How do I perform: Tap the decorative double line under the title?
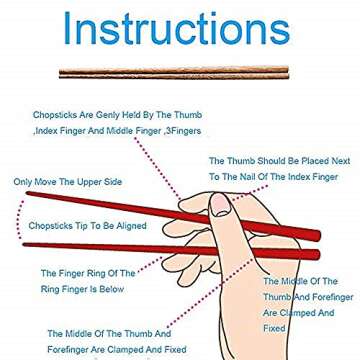point(172,72)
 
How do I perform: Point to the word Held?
point(135,115)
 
